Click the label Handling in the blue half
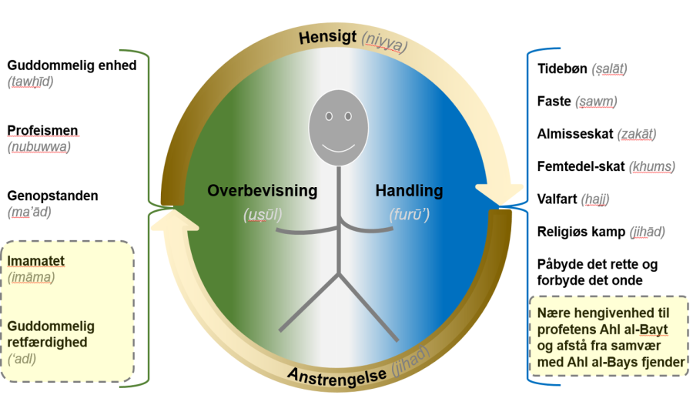click(x=409, y=190)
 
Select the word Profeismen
click(x=42, y=130)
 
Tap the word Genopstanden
click(x=52, y=196)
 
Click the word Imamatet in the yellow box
click(x=37, y=261)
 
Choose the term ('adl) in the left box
click(x=23, y=358)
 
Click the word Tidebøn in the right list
click(x=561, y=69)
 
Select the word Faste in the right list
click(x=554, y=101)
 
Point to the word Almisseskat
click(x=575, y=134)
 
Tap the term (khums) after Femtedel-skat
click(x=651, y=166)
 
